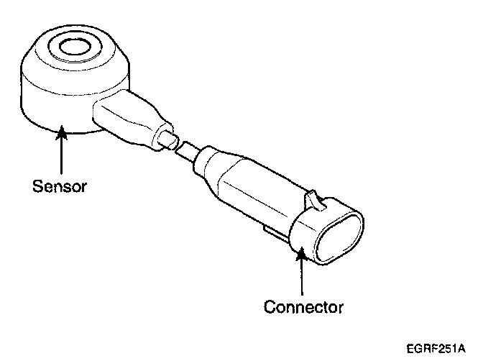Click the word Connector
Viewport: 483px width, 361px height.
pos(303,308)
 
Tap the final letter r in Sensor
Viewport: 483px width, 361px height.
pos(84,188)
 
